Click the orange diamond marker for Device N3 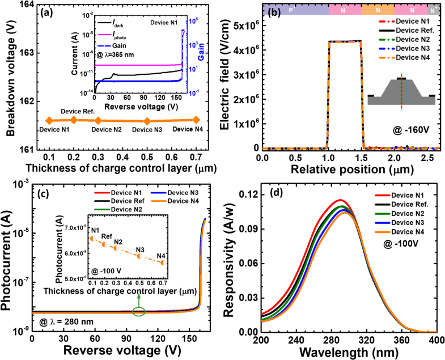[x=147, y=121]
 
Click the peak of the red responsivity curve [x=339, y=200]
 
